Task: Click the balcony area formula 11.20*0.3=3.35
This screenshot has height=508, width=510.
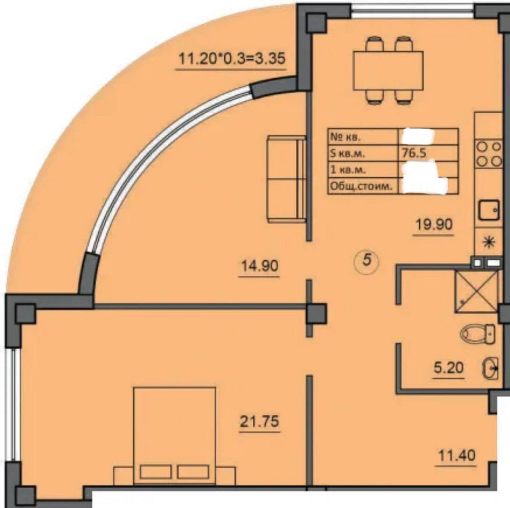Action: pos(232,59)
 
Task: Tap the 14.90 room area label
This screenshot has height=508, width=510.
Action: pos(259,265)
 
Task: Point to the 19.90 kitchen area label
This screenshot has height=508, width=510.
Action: pos(433,224)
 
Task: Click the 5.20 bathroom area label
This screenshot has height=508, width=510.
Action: pos(448,368)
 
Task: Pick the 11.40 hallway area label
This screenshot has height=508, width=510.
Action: pos(456,455)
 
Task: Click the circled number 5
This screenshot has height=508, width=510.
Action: pos(367,260)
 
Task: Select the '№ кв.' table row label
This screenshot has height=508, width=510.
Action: pos(346,137)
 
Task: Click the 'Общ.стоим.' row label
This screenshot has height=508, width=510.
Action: pos(361,186)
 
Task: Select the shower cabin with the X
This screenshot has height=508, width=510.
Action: pos(476,292)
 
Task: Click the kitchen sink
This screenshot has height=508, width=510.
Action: pos(489,210)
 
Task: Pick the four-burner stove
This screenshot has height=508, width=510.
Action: pos(489,154)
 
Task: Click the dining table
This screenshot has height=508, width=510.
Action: pos(389,70)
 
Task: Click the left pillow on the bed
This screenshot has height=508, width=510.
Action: pos(156,472)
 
